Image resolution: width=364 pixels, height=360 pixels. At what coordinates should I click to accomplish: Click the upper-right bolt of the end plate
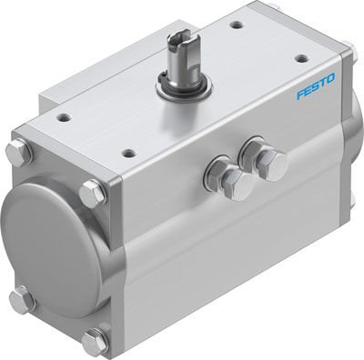click(92, 195)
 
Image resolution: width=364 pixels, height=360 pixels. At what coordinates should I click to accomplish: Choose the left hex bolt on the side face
click(218, 171)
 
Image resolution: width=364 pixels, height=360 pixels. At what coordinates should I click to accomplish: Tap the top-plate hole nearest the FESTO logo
click(299, 59)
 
